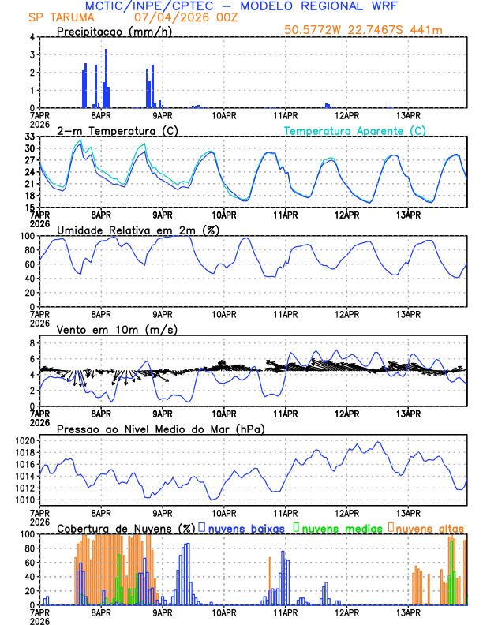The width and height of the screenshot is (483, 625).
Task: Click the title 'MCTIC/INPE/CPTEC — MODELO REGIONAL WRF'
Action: pyautogui.click(x=241, y=6)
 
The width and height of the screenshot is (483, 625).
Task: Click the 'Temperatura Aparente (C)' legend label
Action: pyautogui.click(x=354, y=130)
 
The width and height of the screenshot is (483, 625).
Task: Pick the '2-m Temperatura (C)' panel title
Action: pyautogui.click(x=112, y=130)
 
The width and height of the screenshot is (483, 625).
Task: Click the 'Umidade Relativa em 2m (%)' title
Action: pyautogui.click(x=137, y=230)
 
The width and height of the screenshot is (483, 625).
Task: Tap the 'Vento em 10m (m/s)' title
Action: pyautogui.click(x=118, y=329)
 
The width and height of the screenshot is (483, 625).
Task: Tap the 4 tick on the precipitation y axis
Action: pyautogui.click(x=31, y=37)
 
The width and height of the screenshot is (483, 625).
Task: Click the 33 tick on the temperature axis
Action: pyautogui.click(x=28, y=137)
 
